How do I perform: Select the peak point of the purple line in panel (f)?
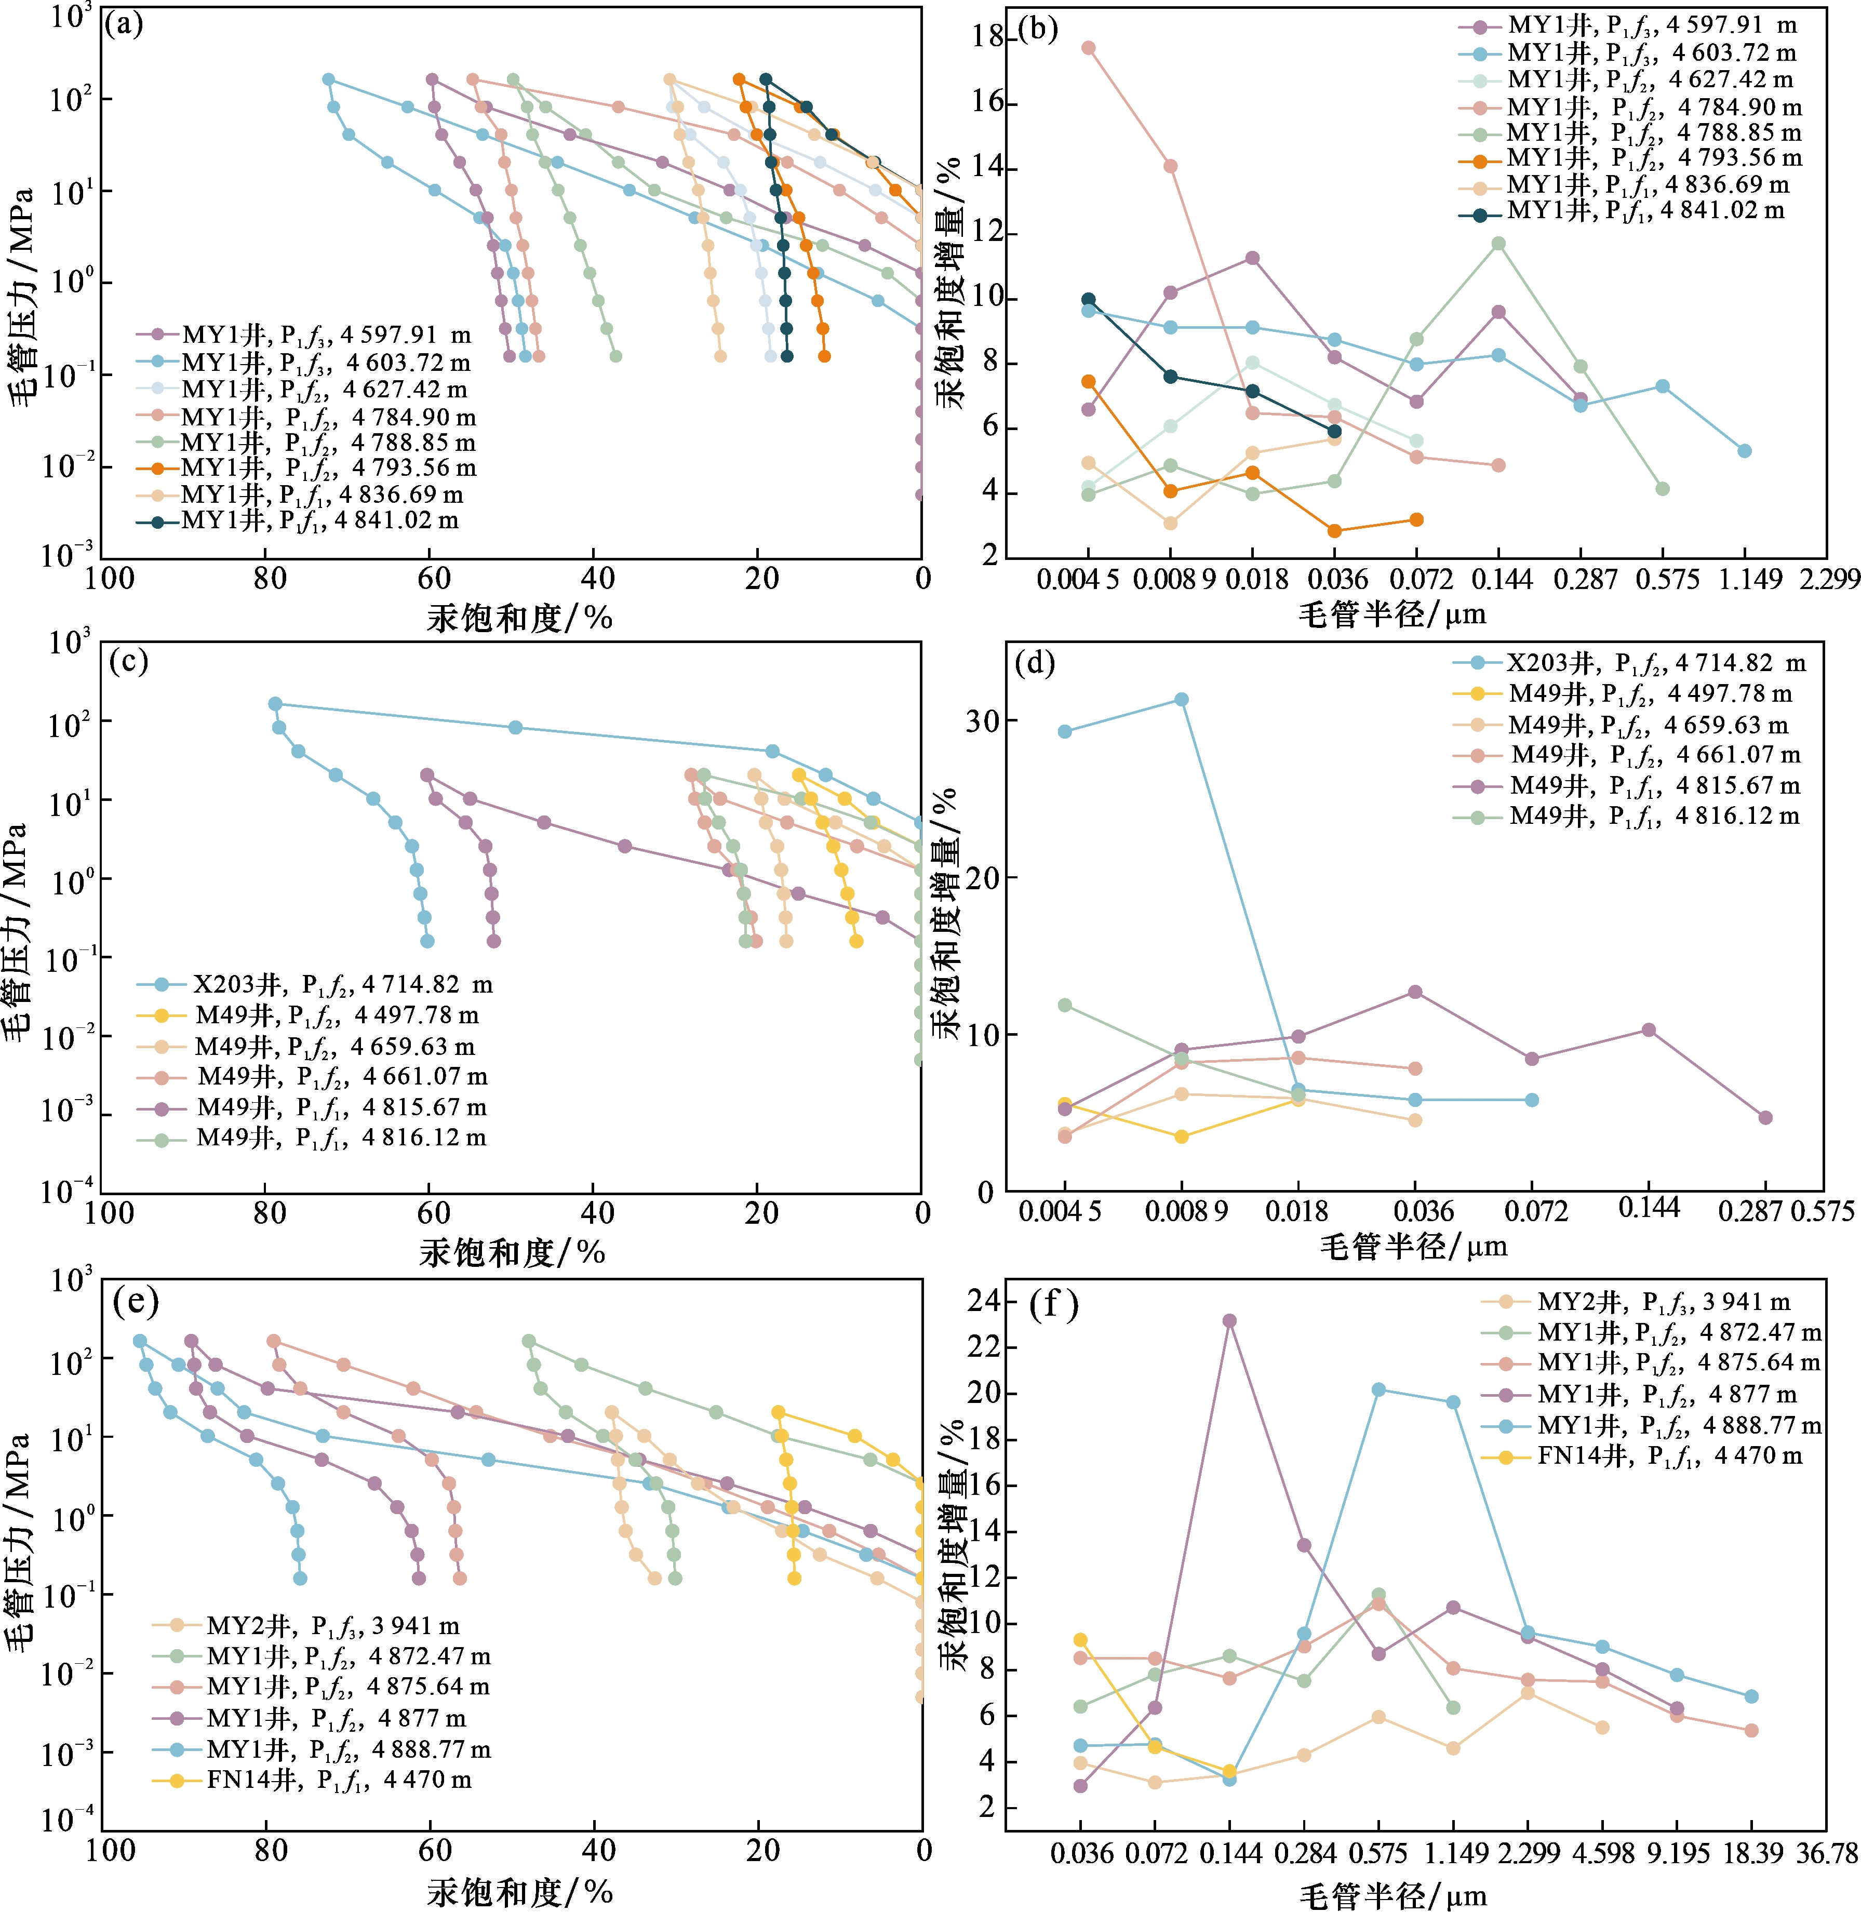pos(1229,1320)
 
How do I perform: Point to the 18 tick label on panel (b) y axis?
pos(988,36)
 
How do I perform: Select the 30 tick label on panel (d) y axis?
pos(982,720)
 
